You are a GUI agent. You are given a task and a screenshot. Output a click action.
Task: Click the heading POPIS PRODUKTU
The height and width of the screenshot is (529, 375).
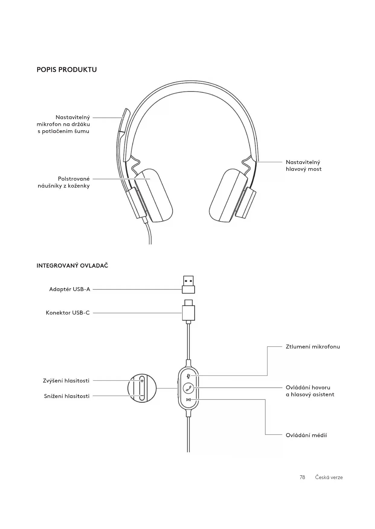point(66,70)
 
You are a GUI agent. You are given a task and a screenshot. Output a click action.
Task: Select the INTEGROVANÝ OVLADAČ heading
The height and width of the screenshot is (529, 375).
point(72,266)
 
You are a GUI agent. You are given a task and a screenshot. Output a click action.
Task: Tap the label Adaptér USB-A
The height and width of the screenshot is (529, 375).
point(70,290)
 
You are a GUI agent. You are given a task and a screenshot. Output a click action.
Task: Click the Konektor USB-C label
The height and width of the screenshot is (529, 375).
point(68,313)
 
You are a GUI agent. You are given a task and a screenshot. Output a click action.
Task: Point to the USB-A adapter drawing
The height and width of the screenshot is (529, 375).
point(188,284)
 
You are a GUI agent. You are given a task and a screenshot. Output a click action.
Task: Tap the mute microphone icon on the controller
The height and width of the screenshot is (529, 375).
point(189,376)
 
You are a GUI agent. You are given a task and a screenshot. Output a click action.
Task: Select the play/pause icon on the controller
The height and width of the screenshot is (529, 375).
point(189,400)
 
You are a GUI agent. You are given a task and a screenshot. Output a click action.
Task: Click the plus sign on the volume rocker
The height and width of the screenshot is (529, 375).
point(142,381)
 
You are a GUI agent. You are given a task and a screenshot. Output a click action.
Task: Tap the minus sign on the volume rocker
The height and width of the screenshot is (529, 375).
point(142,396)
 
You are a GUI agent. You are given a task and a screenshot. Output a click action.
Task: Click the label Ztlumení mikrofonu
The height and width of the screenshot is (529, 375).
point(313,347)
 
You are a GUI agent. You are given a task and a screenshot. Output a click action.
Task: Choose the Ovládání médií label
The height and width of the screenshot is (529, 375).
point(306,435)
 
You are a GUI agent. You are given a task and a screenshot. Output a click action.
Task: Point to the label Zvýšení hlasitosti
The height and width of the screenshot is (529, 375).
point(66,381)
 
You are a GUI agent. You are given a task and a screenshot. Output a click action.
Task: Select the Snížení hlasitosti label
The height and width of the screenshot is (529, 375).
point(67,396)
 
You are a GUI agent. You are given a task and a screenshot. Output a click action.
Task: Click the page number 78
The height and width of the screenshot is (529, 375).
point(302,477)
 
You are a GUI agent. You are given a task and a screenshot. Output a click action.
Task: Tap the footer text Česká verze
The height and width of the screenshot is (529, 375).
point(329,477)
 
